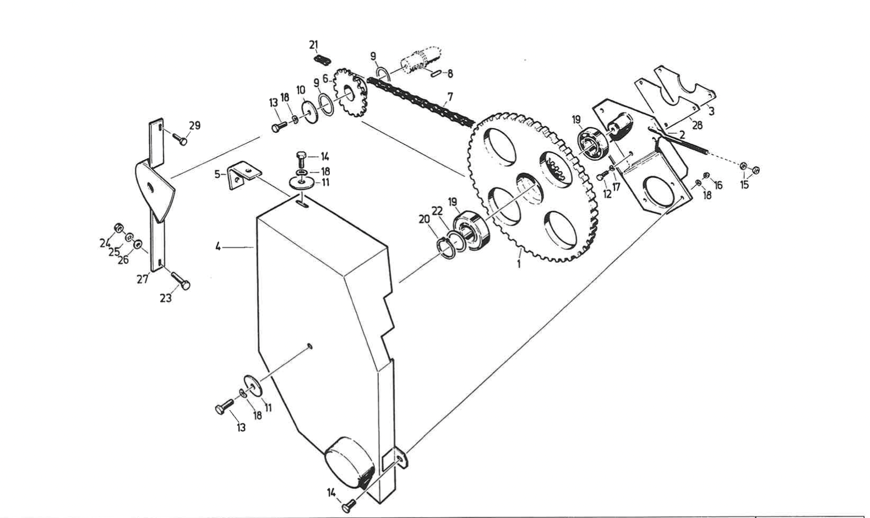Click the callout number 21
click(313, 45)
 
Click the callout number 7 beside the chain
click(450, 95)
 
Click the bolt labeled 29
click(178, 138)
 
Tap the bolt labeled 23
click(180, 280)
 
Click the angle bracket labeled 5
click(243, 174)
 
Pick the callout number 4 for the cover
click(218, 246)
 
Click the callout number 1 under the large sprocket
click(518, 265)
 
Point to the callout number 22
click(437, 211)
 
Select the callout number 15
click(744, 185)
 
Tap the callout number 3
click(711, 111)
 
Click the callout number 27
click(143, 279)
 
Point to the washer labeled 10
click(309, 112)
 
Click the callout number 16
click(718, 185)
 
